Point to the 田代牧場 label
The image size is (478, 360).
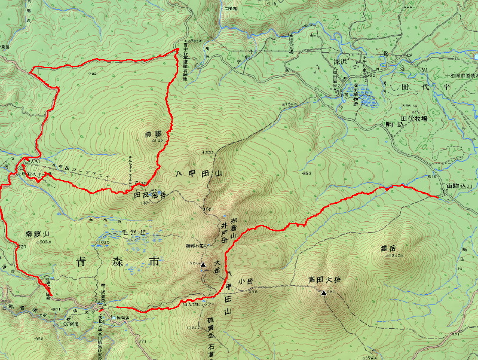413,119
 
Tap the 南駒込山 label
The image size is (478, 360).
459,187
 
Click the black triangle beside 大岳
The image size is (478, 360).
203,264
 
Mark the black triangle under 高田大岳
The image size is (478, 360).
324,292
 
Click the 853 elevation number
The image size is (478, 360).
307,173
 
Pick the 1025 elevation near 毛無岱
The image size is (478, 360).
105,243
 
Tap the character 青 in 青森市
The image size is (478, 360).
83,261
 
